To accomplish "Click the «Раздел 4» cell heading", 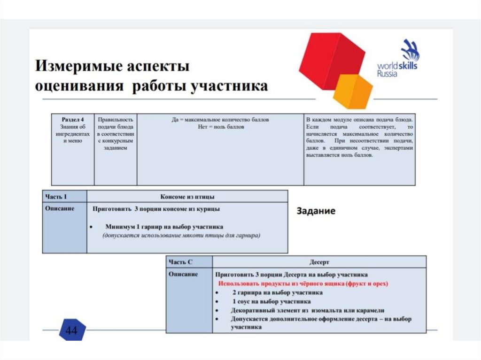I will pos(73,120).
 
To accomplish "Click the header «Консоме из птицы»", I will pos(187,197).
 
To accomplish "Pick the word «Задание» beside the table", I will pos(316,211).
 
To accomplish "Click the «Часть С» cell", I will pos(180,262).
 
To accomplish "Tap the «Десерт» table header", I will pos(319,262).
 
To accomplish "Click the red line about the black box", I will pos(303,284).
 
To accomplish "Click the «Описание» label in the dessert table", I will pos(183,274).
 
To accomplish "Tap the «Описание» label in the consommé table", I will pos(60,208).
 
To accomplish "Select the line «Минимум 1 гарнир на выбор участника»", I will pos(164,226).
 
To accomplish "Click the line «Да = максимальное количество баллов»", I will pos(220,120).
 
